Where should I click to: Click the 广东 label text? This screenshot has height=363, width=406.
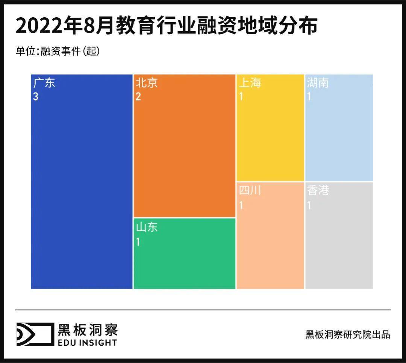(x=44, y=83)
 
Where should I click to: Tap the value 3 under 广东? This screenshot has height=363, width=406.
(x=36, y=97)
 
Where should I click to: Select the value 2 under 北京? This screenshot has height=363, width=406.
(x=138, y=97)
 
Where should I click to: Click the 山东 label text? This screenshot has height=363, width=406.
(x=147, y=227)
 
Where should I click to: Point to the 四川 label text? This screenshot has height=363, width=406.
(x=250, y=191)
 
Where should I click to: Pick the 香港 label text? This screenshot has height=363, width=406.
(x=318, y=191)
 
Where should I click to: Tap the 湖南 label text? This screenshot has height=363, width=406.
(x=318, y=83)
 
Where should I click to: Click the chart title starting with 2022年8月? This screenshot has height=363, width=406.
(x=166, y=26)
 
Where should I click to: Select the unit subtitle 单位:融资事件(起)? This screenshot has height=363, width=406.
(x=58, y=51)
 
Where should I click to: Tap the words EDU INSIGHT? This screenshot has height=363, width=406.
(x=87, y=342)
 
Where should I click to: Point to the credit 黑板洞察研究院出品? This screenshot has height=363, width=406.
(x=348, y=334)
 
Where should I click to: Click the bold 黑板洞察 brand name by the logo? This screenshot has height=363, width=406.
(x=87, y=329)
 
